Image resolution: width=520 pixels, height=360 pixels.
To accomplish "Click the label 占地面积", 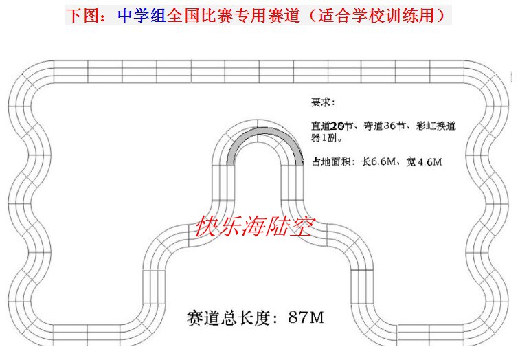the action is pos(332,162).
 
